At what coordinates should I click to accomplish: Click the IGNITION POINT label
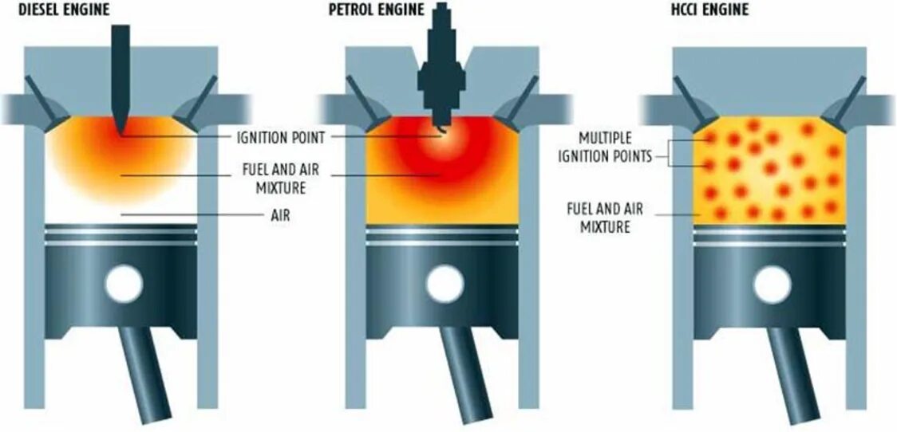280,138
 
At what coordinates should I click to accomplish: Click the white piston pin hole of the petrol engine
445,284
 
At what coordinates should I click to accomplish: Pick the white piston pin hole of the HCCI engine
772,284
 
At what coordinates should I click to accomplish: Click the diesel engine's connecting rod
148,375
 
